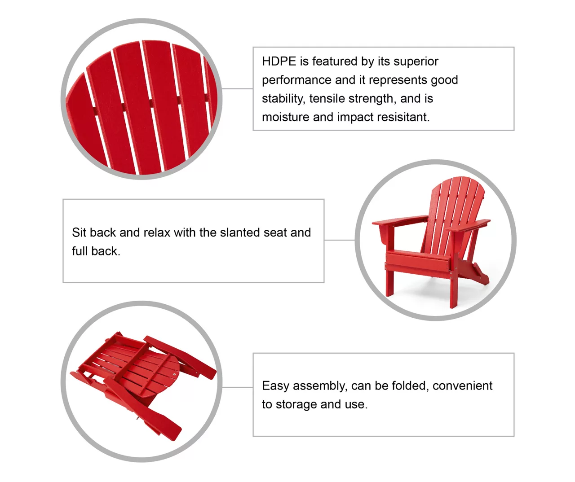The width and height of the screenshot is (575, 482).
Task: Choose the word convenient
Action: pos(462,386)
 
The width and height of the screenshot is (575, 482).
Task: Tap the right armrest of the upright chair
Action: pos(468,225)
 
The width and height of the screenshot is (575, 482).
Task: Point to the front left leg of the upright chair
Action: pos(389,283)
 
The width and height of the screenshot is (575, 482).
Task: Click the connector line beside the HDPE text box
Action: pos(237,88)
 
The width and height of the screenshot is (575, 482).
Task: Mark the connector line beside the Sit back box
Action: pos(340,240)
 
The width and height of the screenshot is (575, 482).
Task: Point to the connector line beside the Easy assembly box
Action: pos(237,387)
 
